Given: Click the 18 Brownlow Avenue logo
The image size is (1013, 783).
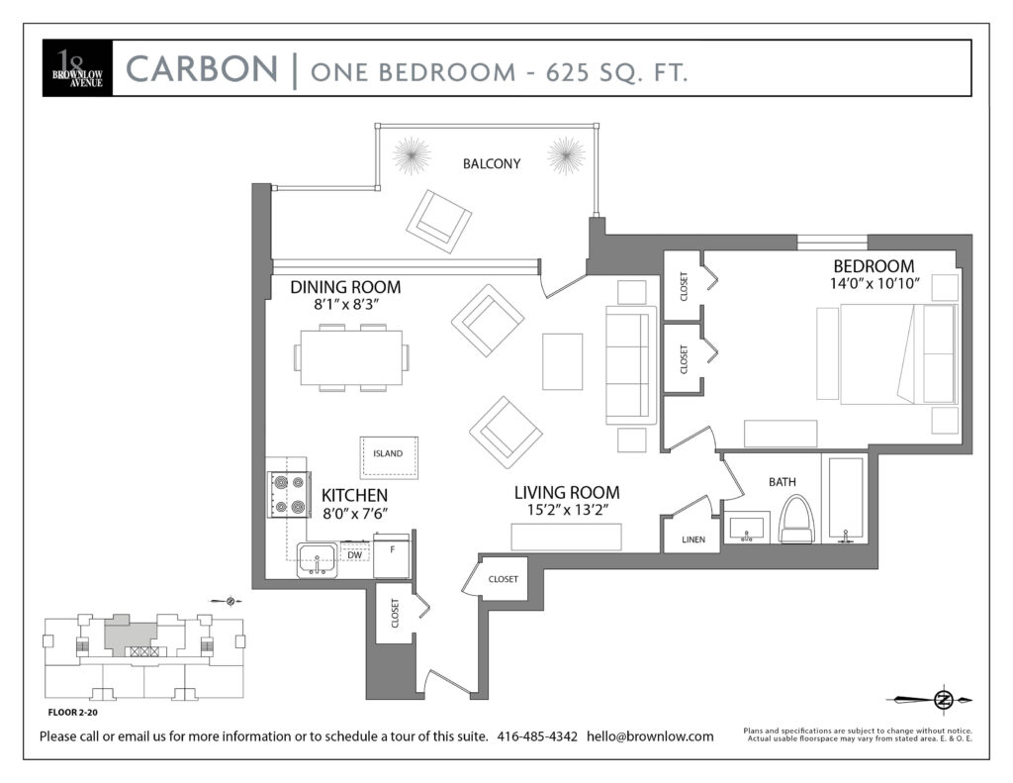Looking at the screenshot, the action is pyautogui.click(x=77, y=68).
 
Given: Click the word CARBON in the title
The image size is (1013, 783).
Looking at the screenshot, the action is pyautogui.click(x=202, y=69).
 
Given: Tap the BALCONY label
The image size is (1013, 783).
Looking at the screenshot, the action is pyautogui.click(x=492, y=163).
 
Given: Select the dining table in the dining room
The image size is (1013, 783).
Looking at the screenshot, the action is pyautogui.click(x=351, y=357).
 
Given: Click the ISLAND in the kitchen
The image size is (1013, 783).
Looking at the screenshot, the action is pyautogui.click(x=389, y=457).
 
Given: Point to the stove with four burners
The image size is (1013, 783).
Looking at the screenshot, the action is pyautogui.click(x=290, y=494).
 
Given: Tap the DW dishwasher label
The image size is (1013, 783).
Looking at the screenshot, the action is pyautogui.click(x=355, y=554).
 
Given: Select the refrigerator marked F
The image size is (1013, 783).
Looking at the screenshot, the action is pyautogui.click(x=392, y=555).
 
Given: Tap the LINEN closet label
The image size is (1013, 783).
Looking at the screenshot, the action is pyautogui.click(x=693, y=539).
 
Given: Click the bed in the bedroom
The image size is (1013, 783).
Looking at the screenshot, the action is pyautogui.click(x=887, y=355).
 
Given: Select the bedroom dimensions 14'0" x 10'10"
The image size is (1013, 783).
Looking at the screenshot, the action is pyautogui.click(x=875, y=283).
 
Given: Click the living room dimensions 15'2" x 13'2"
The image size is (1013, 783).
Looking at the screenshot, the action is pyautogui.click(x=568, y=510).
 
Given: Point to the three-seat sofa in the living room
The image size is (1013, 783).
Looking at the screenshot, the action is pyautogui.click(x=631, y=365).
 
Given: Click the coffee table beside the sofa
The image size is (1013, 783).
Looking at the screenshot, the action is pyautogui.click(x=562, y=361).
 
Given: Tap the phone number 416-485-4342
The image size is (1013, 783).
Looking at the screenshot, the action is pyautogui.click(x=537, y=735).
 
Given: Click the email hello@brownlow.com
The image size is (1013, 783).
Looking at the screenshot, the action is pyautogui.click(x=650, y=735).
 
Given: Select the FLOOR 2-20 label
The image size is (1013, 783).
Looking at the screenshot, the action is pyautogui.click(x=73, y=713).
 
